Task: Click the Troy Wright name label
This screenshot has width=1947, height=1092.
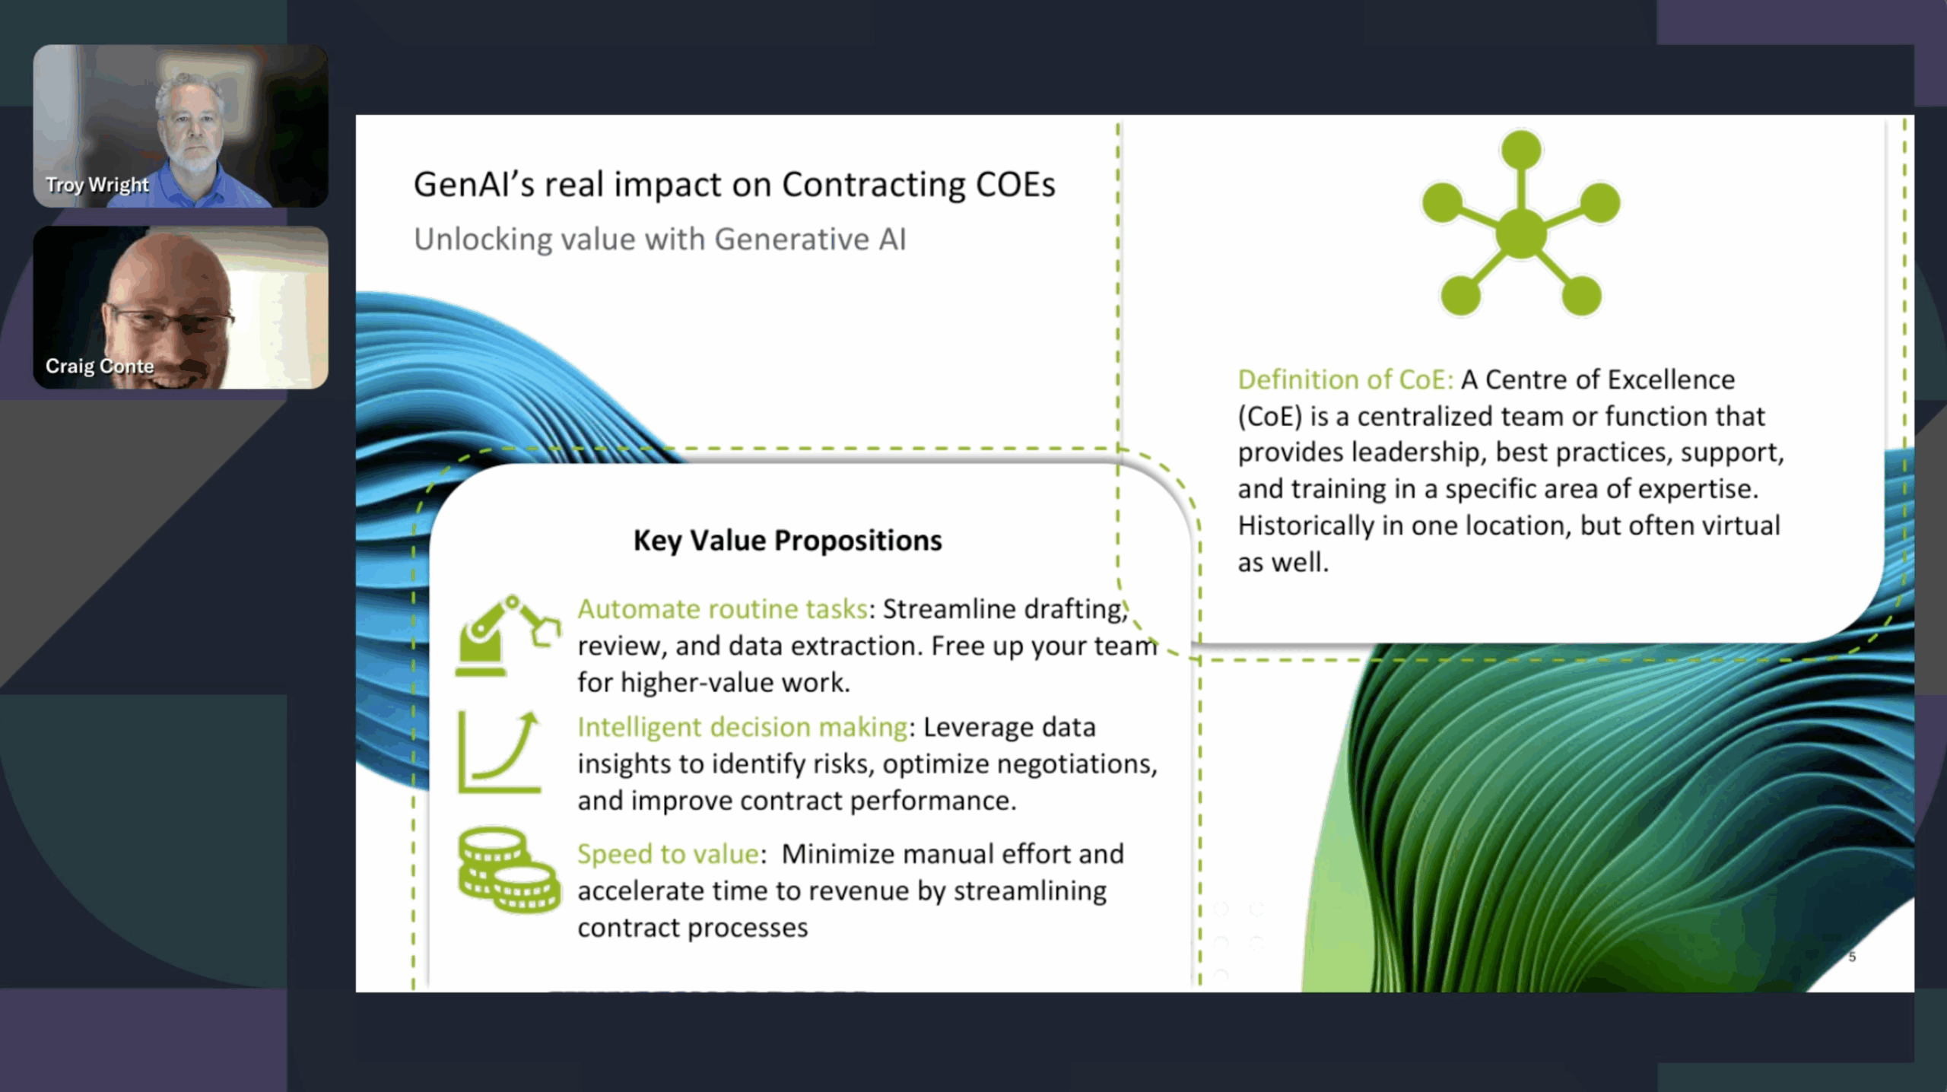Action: pos(97,185)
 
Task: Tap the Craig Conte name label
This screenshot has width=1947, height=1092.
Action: pos(100,366)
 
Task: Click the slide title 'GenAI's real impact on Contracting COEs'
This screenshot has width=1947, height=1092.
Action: pos(734,185)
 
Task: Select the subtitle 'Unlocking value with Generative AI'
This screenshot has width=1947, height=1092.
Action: pos(659,240)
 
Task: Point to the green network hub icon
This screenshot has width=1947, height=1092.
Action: pos(1520,223)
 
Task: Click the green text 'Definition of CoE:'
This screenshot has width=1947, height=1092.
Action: pos(1345,379)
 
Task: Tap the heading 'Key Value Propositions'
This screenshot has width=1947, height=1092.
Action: pos(787,541)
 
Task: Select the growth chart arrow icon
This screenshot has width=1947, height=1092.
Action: pos(500,752)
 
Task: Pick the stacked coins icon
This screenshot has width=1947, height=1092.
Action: pos(509,869)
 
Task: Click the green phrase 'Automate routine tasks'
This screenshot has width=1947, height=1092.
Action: pos(723,609)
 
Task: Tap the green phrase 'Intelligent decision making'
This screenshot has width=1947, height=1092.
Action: pos(742,728)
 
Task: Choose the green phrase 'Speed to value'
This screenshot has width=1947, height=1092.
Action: pos(668,854)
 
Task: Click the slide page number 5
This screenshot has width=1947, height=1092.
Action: pos(1852,957)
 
